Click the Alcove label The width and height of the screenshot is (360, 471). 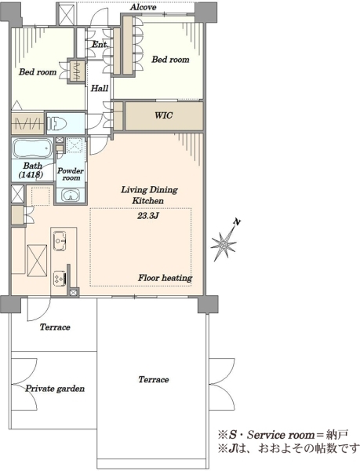[143, 7]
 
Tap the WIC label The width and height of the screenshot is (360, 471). [163, 115]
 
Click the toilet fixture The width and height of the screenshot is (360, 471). [57, 123]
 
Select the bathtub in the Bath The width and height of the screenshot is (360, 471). [32, 148]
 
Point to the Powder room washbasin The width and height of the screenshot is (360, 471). [71, 195]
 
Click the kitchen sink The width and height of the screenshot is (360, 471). [60, 240]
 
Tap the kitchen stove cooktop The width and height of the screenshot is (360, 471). [60, 279]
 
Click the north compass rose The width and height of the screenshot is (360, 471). [224, 244]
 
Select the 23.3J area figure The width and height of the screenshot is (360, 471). [147, 216]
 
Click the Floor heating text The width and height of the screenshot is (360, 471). [165, 278]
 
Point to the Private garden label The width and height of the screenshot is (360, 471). [55, 389]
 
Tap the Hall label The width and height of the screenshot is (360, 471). [100, 88]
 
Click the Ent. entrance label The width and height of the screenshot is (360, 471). [100, 45]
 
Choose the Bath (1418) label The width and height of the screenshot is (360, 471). [32, 170]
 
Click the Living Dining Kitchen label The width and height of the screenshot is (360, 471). [149, 195]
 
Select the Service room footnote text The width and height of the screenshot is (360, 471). [283, 435]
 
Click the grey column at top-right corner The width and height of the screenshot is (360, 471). [205, 12]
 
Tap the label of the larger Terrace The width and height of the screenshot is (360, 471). [154, 380]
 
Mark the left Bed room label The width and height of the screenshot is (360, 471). [38, 72]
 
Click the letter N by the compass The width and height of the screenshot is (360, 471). [238, 222]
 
